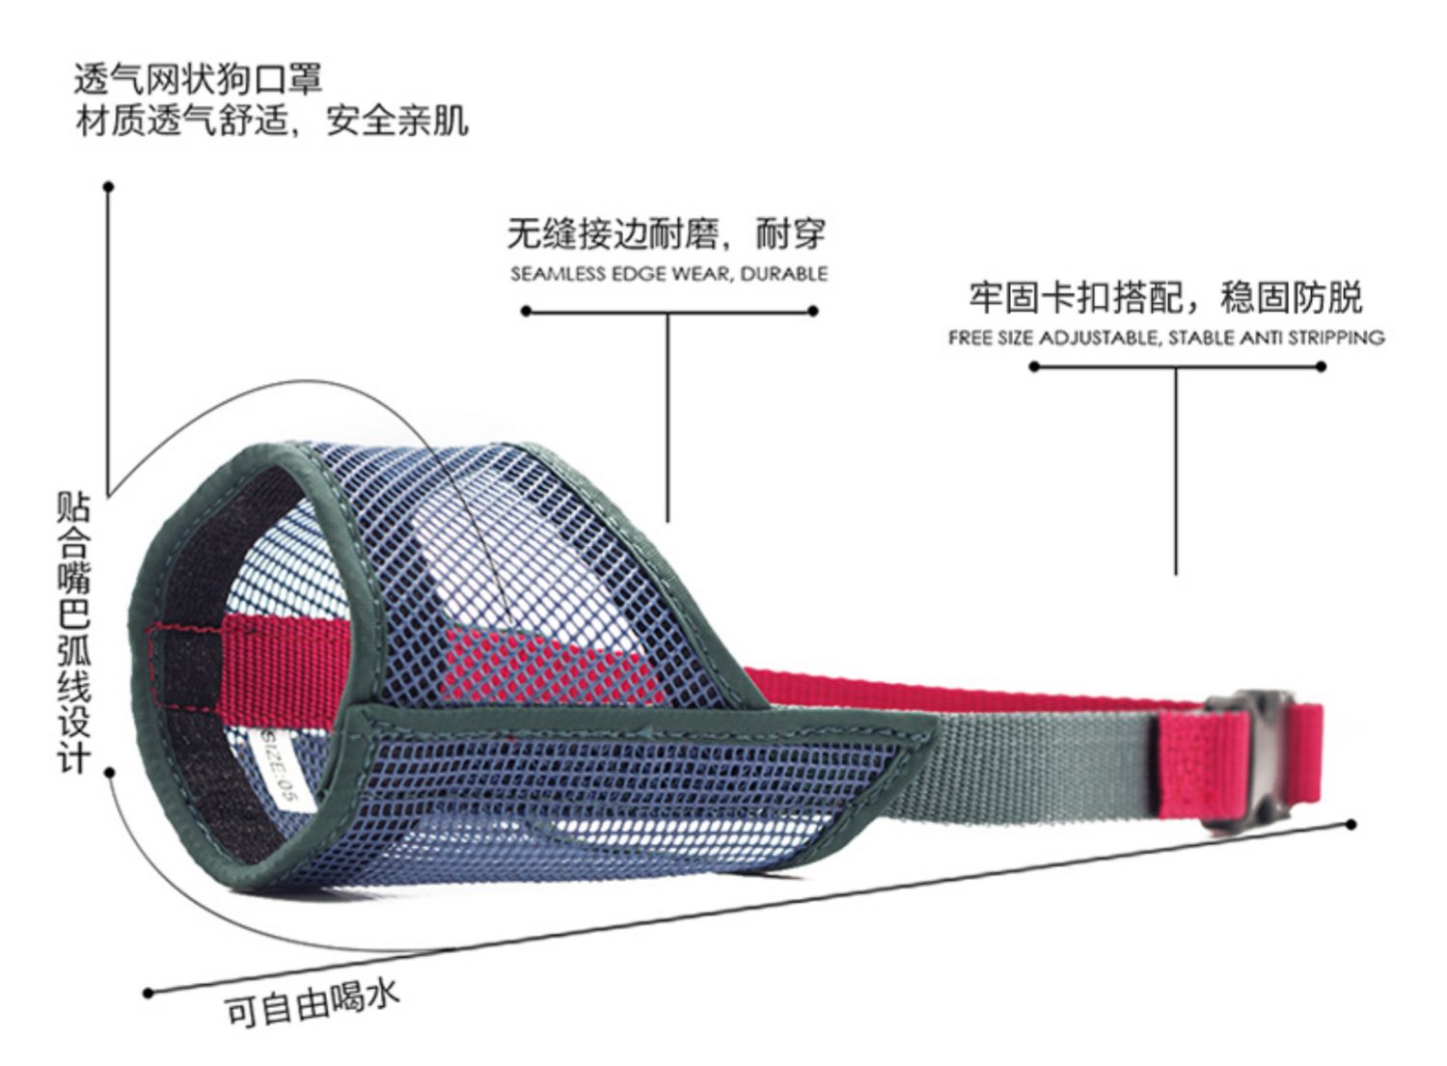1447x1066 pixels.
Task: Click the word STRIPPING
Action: click(1337, 339)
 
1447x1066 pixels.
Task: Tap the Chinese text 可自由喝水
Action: click(312, 1002)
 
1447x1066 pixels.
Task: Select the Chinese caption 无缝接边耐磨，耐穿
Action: click(667, 233)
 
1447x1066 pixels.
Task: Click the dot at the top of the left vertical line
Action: click(109, 186)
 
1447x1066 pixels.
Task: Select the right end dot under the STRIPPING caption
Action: click(1321, 367)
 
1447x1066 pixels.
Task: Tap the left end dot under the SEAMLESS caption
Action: click(526, 311)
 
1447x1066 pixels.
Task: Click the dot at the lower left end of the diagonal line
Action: click(148, 993)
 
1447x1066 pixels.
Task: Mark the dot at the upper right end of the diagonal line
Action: click(1351, 824)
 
